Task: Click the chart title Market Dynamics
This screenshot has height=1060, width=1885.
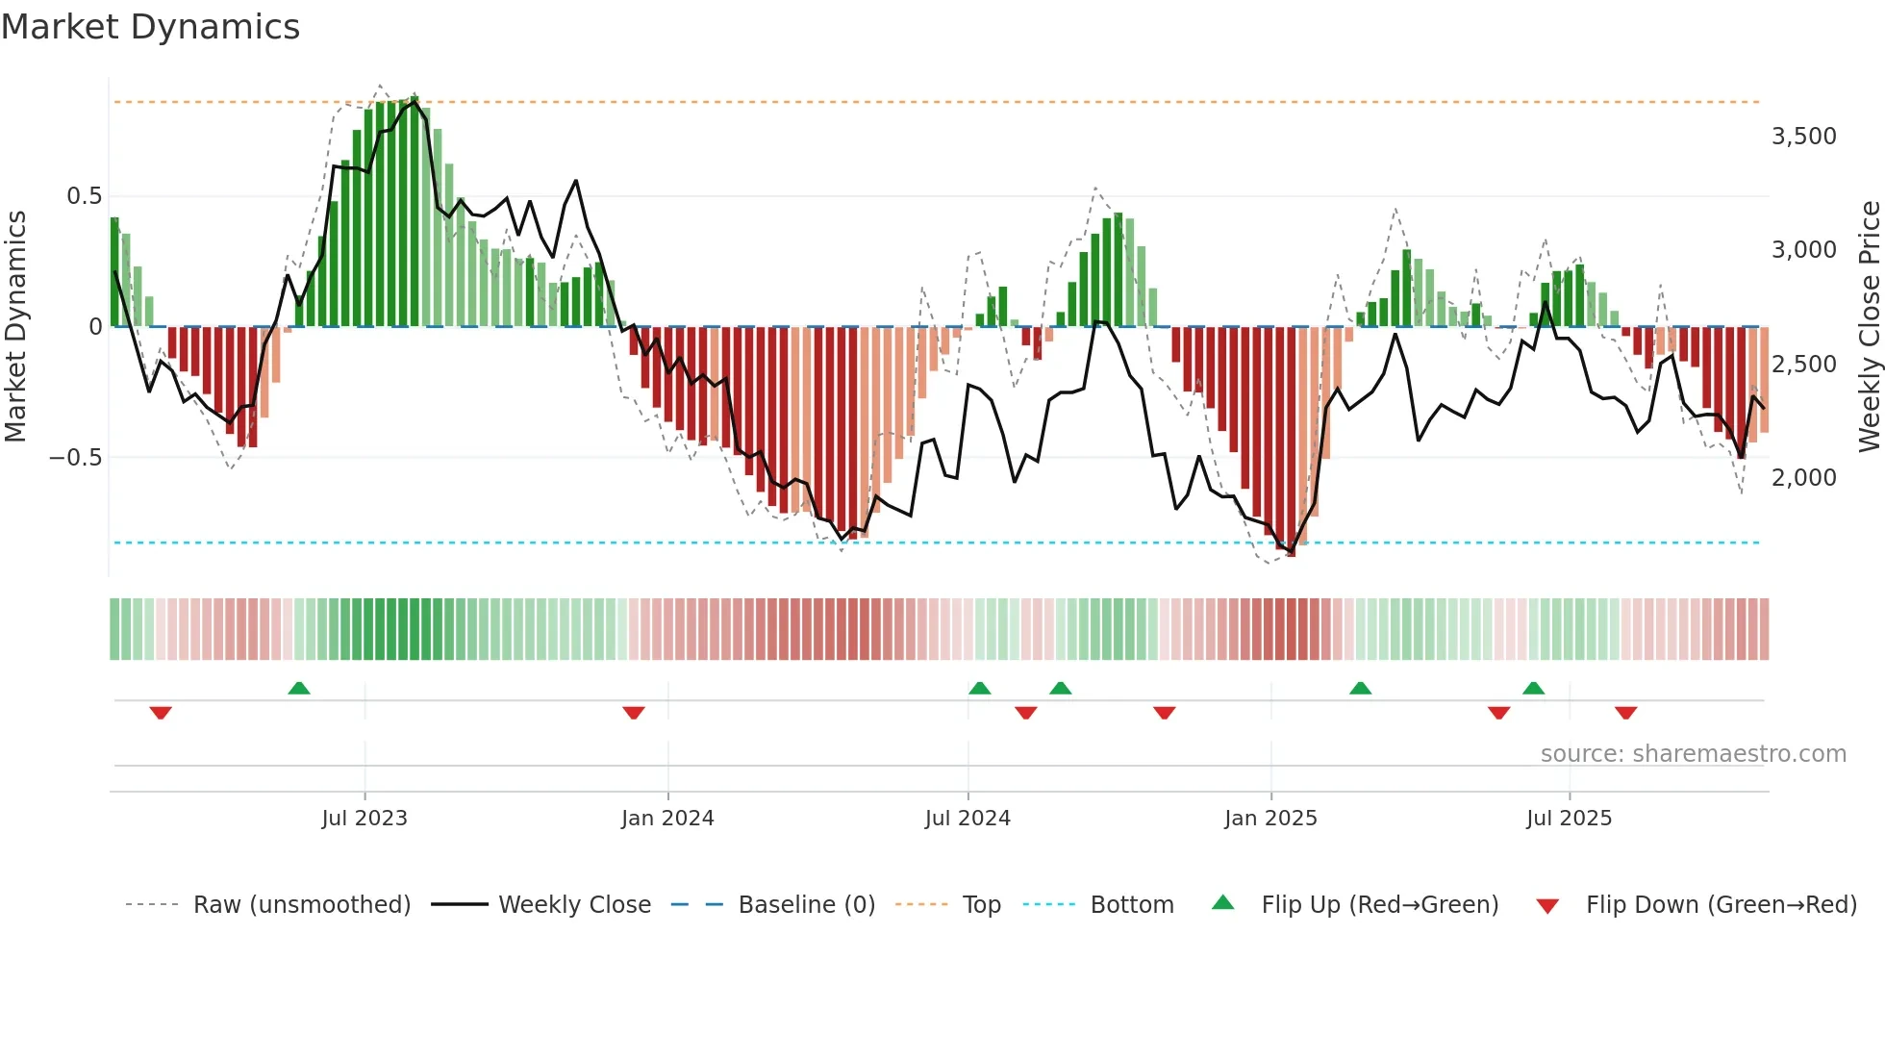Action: pyautogui.click(x=150, y=27)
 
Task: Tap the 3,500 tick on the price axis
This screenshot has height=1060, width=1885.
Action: pyautogui.click(x=1803, y=137)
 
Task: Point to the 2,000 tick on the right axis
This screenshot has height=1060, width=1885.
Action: pyautogui.click(x=1803, y=478)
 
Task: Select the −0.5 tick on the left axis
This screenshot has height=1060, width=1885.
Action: pyautogui.click(x=75, y=458)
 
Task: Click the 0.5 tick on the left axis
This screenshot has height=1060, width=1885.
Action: pyautogui.click(x=84, y=196)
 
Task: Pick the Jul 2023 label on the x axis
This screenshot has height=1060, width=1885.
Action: pyautogui.click(x=364, y=819)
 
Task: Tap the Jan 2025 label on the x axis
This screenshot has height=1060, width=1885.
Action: pyautogui.click(x=1270, y=819)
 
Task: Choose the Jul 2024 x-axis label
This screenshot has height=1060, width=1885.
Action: pyautogui.click(x=968, y=819)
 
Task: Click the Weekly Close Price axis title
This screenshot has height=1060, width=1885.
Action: pyautogui.click(x=1869, y=326)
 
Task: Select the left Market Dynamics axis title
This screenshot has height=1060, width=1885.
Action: pyautogui.click(x=15, y=326)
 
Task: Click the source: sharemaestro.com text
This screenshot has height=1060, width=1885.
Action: pyautogui.click(x=1693, y=754)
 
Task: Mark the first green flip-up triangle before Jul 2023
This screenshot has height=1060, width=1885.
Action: pyautogui.click(x=299, y=688)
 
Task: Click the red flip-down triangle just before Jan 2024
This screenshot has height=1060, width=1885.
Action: pyautogui.click(x=633, y=713)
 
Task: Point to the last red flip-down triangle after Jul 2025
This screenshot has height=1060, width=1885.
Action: pyautogui.click(x=1625, y=713)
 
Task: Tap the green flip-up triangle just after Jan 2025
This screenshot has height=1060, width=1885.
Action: pyautogui.click(x=1360, y=688)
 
